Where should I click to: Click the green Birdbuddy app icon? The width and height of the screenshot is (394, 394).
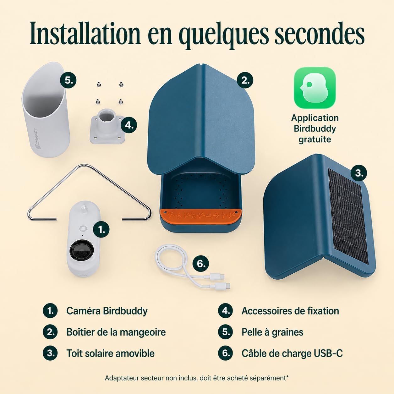coord(315,88)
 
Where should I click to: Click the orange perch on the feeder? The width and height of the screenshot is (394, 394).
coord(201,216)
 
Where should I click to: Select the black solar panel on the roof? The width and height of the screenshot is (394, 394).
coord(348,216)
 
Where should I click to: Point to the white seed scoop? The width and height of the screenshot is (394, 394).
coord(46,110)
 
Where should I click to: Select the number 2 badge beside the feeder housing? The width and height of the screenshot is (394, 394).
coord(245,80)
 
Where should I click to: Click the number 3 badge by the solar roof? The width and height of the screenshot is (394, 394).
coord(359,173)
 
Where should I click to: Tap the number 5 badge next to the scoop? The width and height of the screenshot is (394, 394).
coord(68,80)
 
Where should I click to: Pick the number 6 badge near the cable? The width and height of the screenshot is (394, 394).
coord(200,264)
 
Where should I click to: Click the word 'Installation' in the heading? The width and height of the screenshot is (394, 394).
coord(85,33)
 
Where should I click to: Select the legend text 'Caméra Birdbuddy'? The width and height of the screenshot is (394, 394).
coord(107,311)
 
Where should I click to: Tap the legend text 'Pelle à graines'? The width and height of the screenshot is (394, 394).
coord(272,332)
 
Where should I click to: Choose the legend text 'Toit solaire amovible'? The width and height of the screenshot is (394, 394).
coord(110,353)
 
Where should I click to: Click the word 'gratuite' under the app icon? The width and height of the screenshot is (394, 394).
coord(315,140)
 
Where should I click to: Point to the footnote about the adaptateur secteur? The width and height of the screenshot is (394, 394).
coord(197,378)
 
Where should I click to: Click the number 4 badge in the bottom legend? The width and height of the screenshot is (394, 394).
coord(226,311)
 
